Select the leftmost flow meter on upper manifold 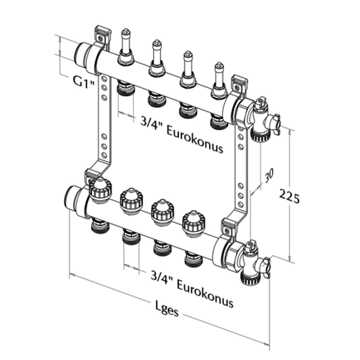tap(125, 47)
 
